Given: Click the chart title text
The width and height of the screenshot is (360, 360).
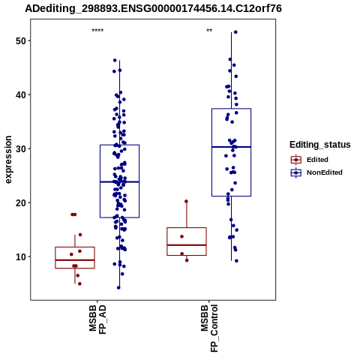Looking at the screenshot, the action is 153,8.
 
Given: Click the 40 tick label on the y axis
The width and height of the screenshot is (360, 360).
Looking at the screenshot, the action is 21,94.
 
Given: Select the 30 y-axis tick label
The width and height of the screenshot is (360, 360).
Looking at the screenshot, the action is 21,148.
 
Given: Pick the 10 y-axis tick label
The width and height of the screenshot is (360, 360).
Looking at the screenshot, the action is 21,256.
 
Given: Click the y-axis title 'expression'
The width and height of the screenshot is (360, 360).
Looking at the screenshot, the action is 8,160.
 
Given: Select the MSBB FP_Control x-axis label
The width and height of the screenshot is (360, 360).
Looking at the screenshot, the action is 209,328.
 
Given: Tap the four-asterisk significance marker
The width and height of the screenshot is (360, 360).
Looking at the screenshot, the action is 97,31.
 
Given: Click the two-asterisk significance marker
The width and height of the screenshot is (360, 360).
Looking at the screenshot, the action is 209,31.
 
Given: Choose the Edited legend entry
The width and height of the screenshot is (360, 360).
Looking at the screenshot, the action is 310,160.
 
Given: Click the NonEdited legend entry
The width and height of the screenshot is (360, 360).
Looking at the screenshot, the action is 316,172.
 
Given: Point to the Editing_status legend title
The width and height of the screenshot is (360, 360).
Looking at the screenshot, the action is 320,145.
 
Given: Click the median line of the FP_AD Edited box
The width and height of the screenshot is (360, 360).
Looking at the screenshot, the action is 75,260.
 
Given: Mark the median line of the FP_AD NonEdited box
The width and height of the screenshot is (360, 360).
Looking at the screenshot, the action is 119,181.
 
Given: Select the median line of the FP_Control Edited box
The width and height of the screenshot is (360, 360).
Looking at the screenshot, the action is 187,245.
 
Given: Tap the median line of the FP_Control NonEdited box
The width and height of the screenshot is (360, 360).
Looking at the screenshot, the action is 231,147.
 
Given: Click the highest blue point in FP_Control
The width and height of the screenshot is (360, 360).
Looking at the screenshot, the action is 235,32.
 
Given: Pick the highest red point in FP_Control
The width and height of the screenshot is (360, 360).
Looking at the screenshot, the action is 186,201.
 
